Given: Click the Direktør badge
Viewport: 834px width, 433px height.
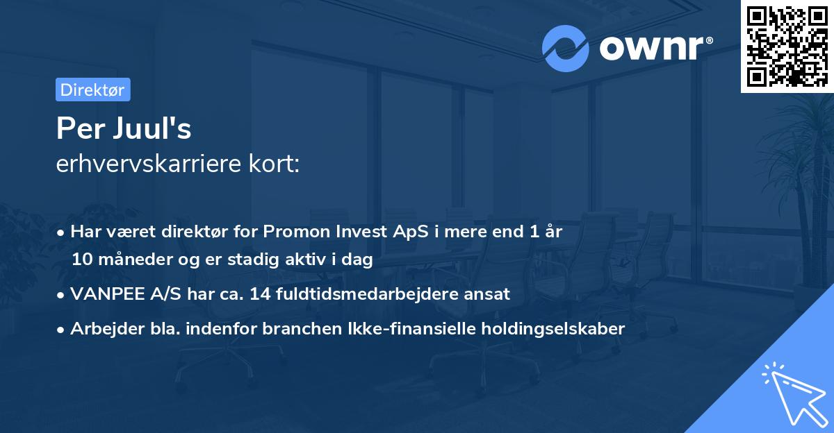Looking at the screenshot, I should click(92, 90).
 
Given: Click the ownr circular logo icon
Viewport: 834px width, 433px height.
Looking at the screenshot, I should click(566, 48).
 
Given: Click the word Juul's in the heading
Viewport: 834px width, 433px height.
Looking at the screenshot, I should click(155, 128).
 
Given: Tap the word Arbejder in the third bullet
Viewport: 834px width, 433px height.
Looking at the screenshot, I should click(101, 329).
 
